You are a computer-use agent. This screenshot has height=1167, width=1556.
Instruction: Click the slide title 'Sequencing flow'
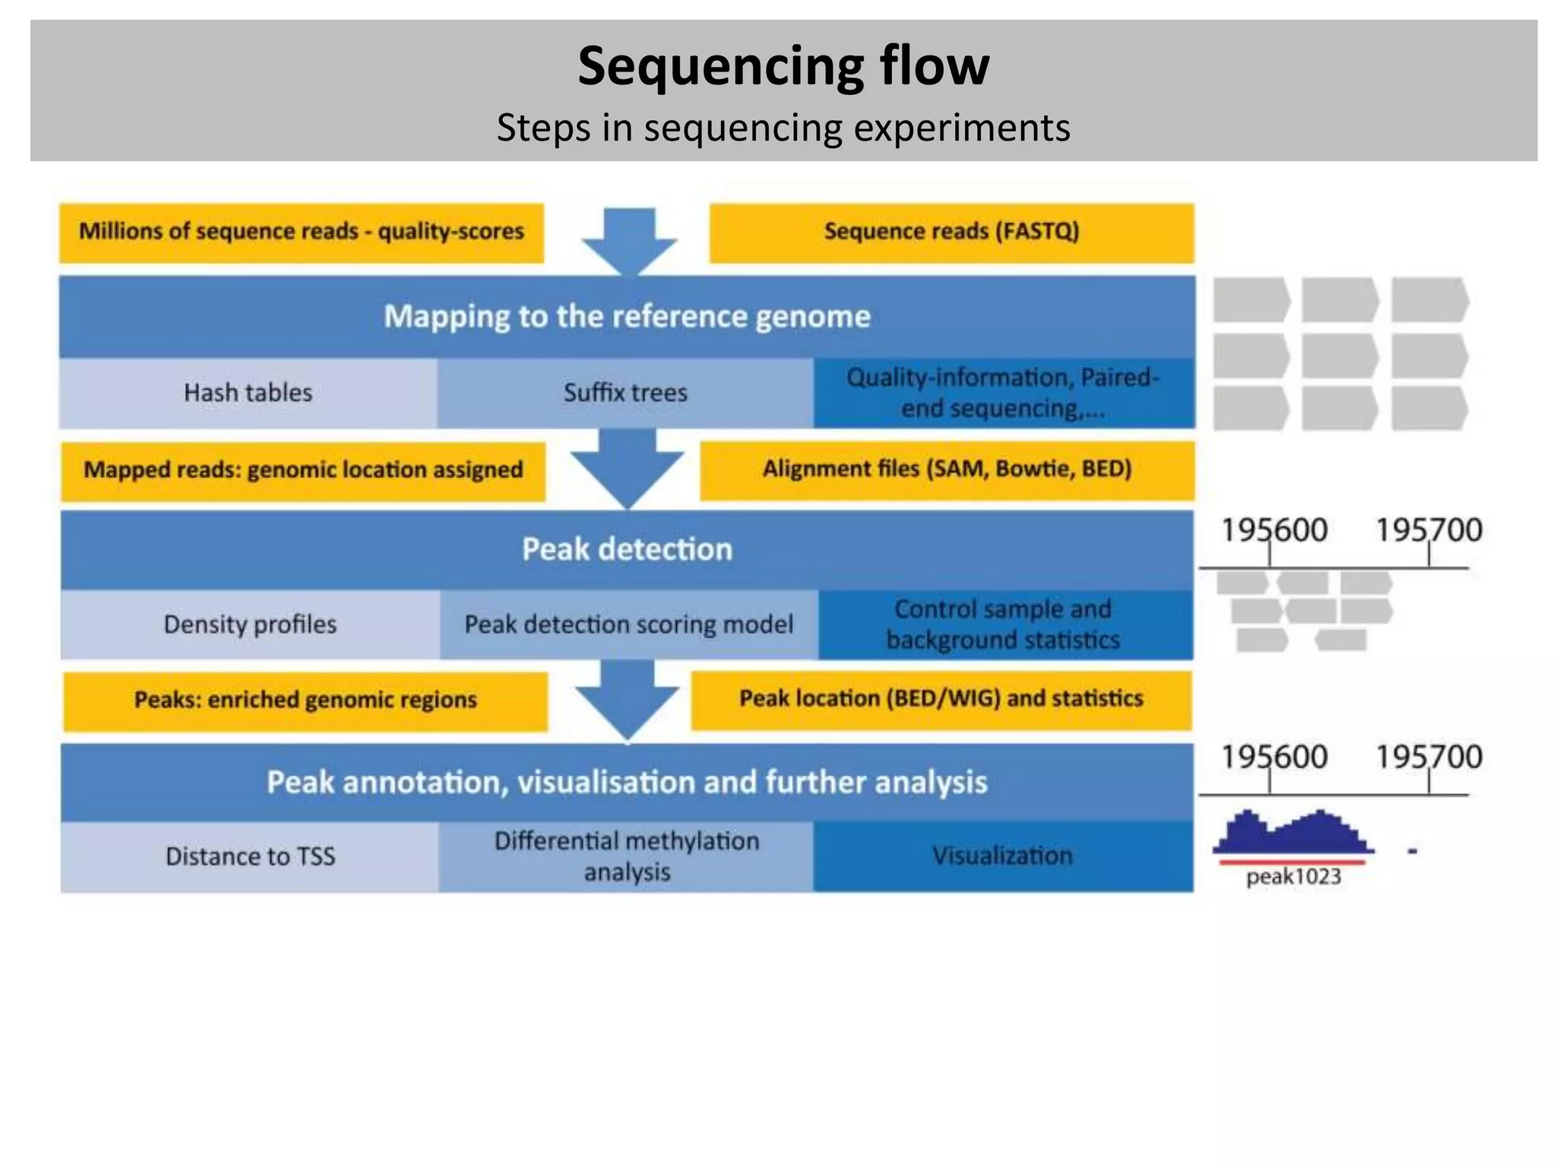click(x=783, y=66)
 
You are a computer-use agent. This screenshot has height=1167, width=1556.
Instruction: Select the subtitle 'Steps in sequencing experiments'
click(x=783, y=128)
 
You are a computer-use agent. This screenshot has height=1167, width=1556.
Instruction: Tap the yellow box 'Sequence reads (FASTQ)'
click(x=951, y=232)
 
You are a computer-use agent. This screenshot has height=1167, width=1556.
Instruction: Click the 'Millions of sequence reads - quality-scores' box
click(x=302, y=232)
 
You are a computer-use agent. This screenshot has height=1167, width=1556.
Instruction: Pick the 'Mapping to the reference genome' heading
click(x=627, y=316)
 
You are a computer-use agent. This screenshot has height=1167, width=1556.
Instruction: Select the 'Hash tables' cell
click(x=248, y=393)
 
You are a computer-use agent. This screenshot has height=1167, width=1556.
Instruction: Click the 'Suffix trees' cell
click(x=625, y=393)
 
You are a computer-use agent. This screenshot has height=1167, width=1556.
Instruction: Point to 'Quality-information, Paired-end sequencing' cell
click(x=1003, y=393)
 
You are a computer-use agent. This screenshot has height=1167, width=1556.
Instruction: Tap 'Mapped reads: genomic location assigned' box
click(x=303, y=470)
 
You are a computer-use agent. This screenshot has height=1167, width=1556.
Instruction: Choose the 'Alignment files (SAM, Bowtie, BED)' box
click(x=947, y=469)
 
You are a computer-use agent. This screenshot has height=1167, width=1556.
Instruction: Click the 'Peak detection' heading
click(x=627, y=549)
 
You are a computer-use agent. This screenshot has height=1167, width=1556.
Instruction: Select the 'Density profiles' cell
click(x=250, y=625)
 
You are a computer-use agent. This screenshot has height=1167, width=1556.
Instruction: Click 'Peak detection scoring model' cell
click(x=628, y=625)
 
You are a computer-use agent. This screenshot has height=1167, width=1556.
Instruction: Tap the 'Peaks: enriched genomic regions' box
click(x=305, y=700)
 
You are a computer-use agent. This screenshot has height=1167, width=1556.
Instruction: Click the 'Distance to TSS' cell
click(x=250, y=856)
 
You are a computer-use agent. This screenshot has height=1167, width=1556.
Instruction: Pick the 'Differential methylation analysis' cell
click(x=627, y=856)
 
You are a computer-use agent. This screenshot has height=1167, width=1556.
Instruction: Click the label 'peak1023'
click(x=1293, y=877)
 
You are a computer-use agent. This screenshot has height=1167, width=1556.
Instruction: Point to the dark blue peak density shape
click(x=1292, y=836)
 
